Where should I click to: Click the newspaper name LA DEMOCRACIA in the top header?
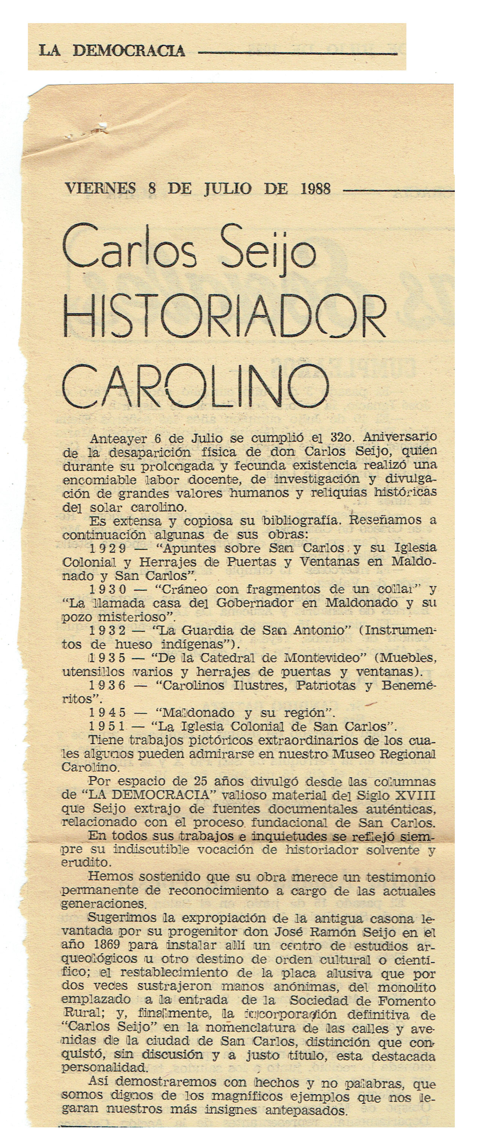click(x=111, y=50)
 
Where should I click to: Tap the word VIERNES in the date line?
click(x=100, y=189)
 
